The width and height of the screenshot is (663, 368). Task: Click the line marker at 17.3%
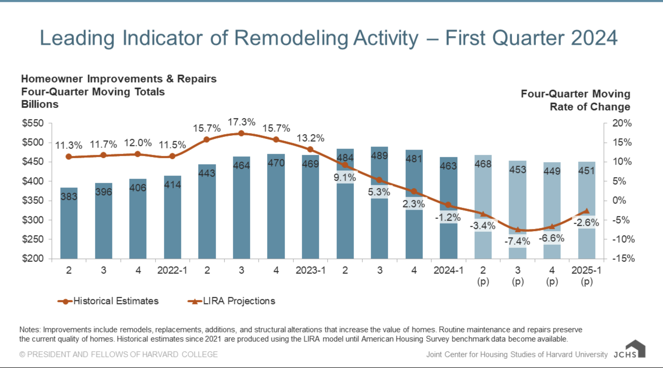pos(241,133)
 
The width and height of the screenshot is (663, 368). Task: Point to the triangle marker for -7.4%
pos(518,230)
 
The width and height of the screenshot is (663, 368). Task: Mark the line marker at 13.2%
pos(310,149)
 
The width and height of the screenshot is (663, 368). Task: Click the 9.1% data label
pos(345,178)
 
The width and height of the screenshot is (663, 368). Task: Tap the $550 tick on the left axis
pos(33,123)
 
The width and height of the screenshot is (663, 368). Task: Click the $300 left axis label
pos(33,220)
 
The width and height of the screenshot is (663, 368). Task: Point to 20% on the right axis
pos(622,123)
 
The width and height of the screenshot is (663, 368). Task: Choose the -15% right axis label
pos(623,258)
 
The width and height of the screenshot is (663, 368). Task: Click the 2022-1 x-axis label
pos(172,270)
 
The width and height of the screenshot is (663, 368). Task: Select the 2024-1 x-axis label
pos(448,270)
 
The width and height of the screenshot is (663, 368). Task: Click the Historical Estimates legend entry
pos(116,301)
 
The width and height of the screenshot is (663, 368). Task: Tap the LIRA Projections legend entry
pos(239,301)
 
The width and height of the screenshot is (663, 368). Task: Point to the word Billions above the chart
pos(40,104)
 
